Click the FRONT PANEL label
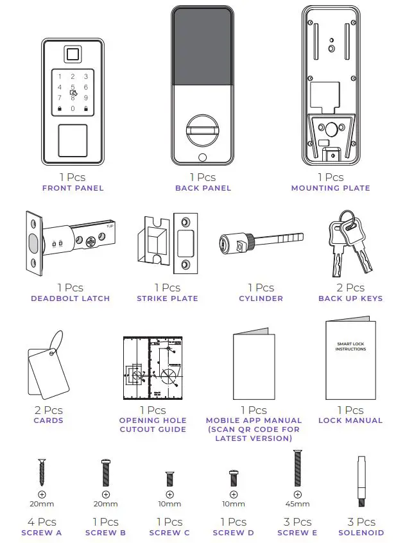[x=73, y=188]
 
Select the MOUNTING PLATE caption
[x=331, y=188]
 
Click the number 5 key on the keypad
[x=73, y=87]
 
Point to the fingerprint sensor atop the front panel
[x=73, y=55]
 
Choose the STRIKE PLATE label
[x=167, y=298]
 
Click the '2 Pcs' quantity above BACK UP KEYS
[x=350, y=288]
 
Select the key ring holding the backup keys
[x=347, y=218]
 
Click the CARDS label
[x=48, y=420]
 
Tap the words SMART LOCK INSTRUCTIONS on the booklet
[x=350, y=347]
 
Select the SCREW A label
[x=42, y=533]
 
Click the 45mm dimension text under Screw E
[x=298, y=504]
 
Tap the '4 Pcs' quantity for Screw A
[x=42, y=522]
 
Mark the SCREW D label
[x=234, y=533]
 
